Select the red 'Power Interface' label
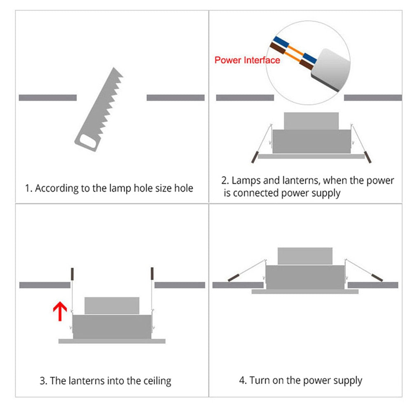click(247, 60)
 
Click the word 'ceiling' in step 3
click(156, 380)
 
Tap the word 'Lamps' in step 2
click(245, 180)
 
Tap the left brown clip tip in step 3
click(72, 274)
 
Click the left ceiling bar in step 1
click(47, 98)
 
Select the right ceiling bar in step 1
click(175, 98)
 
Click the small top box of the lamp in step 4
click(305, 256)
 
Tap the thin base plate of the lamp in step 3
click(112, 341)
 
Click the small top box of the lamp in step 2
click(311, 121)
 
